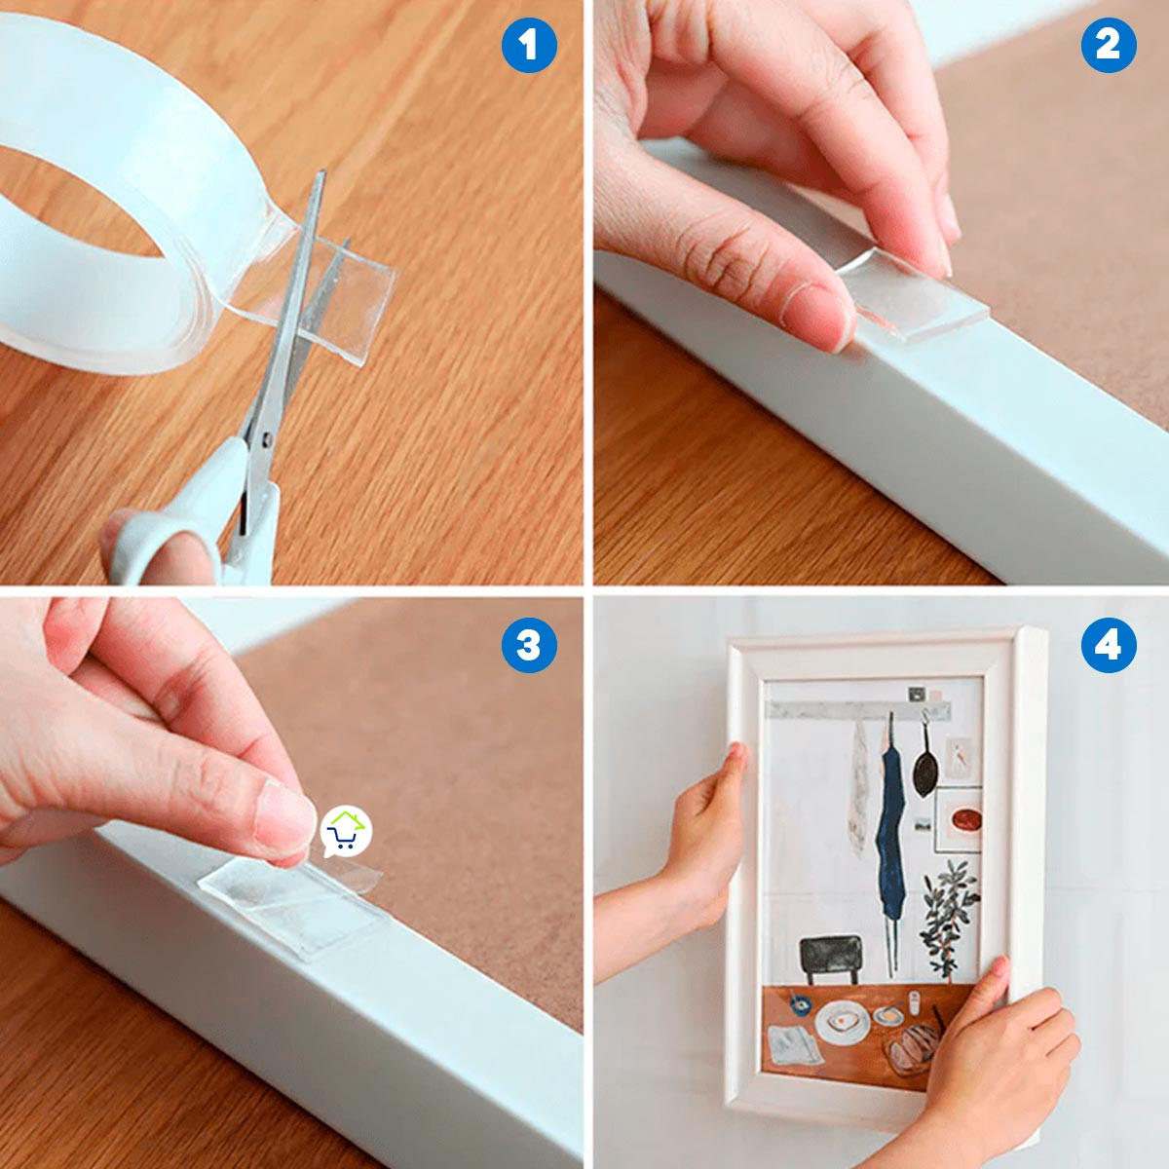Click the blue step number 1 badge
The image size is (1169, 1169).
point(529,45)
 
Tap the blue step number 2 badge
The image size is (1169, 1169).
point(1109,45)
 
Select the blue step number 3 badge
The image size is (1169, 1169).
point(529,645)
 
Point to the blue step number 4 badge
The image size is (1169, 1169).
point(1109,645)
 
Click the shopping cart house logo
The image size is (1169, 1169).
point(346,832)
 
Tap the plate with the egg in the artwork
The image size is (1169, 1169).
point(841,1023)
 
